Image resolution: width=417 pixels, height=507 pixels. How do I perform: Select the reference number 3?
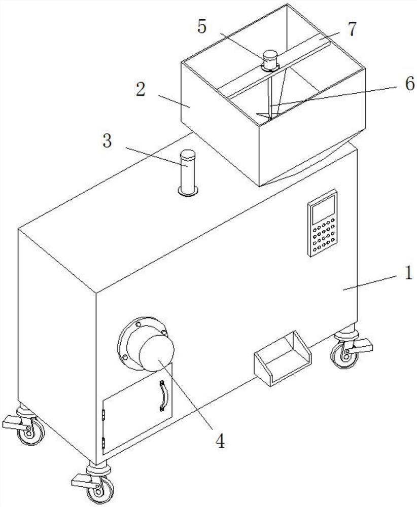point(107,141)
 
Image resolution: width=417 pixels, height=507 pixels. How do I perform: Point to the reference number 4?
point(220,440)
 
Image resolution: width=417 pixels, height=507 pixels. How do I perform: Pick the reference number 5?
point(202,27)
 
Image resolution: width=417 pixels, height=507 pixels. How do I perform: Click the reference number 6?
point(409,84)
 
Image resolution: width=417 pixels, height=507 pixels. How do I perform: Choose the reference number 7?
point(352,29)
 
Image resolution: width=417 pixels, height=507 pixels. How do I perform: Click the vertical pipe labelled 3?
point(188,170)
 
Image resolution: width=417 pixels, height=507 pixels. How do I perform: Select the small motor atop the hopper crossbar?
point(271,61)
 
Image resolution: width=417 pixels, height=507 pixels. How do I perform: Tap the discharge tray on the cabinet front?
point(282,358)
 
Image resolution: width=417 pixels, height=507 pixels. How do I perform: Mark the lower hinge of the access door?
point(105,444)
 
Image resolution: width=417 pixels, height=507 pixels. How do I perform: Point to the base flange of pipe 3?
point(188,191)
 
